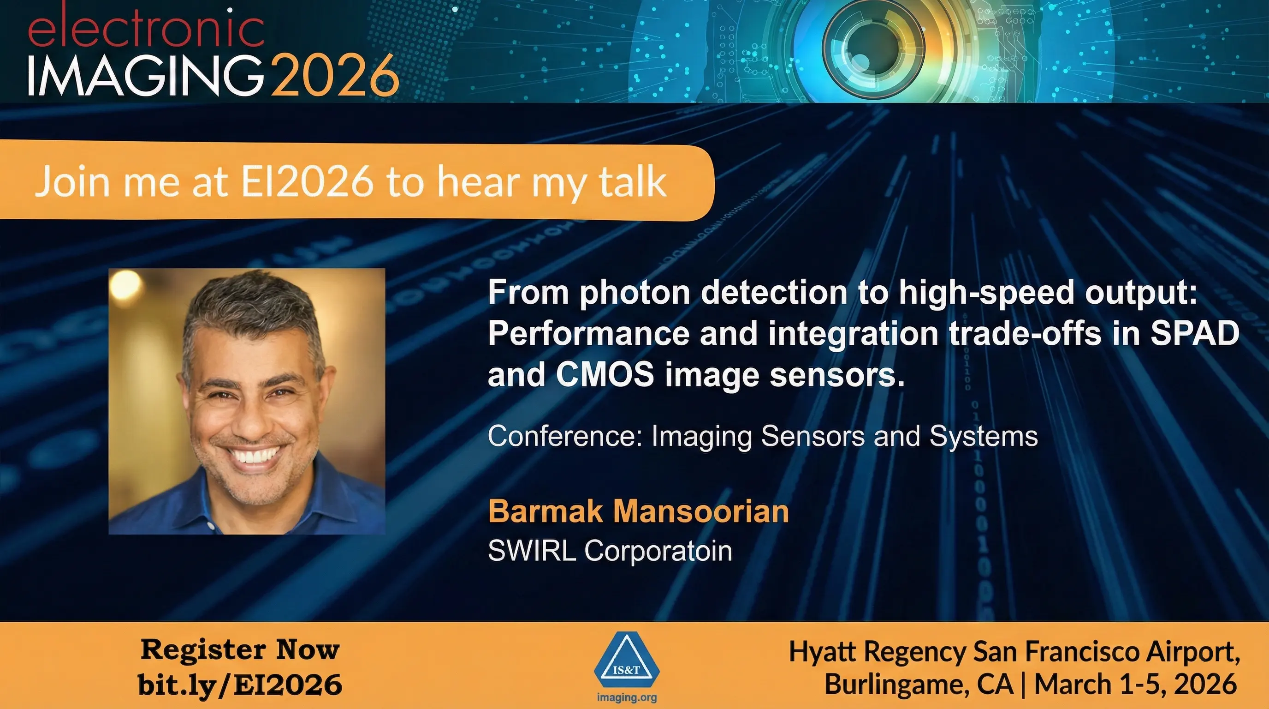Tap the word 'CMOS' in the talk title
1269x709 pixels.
point(605,375)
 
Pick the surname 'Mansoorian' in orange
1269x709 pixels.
point(700,511)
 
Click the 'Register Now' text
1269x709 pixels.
point(240,650)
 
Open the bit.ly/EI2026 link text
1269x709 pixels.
point(240,685)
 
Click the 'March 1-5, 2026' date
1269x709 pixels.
point(1135,685)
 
